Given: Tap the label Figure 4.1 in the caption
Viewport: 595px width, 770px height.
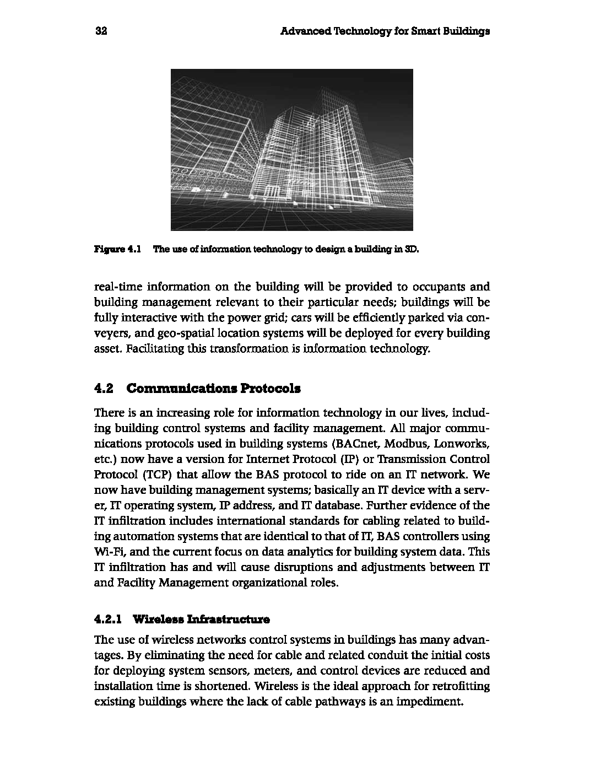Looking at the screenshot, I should point(118,249).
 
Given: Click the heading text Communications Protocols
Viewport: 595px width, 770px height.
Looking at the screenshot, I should point(214,389).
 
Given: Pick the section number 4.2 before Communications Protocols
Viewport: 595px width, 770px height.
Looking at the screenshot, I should point(104,389).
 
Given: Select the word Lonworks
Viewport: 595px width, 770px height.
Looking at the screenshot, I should point(461,444).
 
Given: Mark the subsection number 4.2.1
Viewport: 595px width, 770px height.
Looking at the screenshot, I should point(108,620).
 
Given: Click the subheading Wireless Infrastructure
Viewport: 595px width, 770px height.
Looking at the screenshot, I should point(202,620).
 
